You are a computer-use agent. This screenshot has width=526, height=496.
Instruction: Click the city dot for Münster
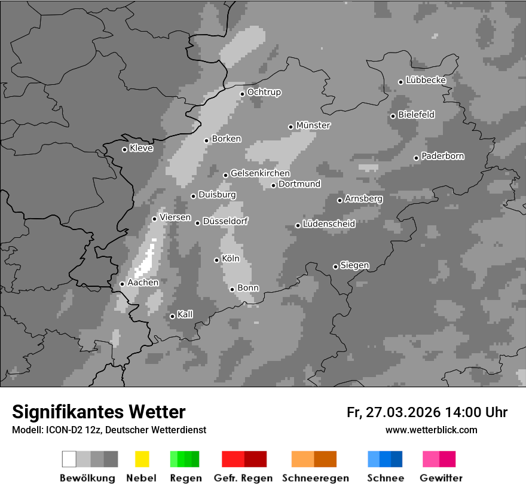[290, 127]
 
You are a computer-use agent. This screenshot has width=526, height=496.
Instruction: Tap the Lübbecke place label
[426, 80]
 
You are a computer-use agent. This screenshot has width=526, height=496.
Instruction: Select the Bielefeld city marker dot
[393, 116]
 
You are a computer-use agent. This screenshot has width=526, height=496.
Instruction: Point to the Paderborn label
[442, 157]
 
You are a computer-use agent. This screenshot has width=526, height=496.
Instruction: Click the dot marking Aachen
[122, 284]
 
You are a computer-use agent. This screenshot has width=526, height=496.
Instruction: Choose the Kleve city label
[141, 148]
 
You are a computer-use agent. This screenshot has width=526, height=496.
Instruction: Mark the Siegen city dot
[335, 267]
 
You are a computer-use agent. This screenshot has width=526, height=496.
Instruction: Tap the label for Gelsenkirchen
[260, 174]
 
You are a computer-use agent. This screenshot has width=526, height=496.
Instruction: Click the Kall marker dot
[172, 316]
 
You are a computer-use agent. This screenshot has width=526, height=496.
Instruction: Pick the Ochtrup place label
[264, 93]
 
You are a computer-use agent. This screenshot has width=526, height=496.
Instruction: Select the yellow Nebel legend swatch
[142, 459]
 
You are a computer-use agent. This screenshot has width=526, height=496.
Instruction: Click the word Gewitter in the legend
[441, 478]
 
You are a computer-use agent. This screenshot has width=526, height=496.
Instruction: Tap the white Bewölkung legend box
[69, 459]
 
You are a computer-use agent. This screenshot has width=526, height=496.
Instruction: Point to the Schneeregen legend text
[314, 478]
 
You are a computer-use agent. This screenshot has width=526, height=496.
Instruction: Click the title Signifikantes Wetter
[99, 412]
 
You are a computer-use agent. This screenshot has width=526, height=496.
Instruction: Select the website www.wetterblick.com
[431, 430]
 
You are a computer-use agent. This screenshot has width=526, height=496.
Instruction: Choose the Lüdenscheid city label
[329, 224]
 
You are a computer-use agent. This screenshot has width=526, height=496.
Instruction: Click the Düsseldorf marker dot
[197, 223]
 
